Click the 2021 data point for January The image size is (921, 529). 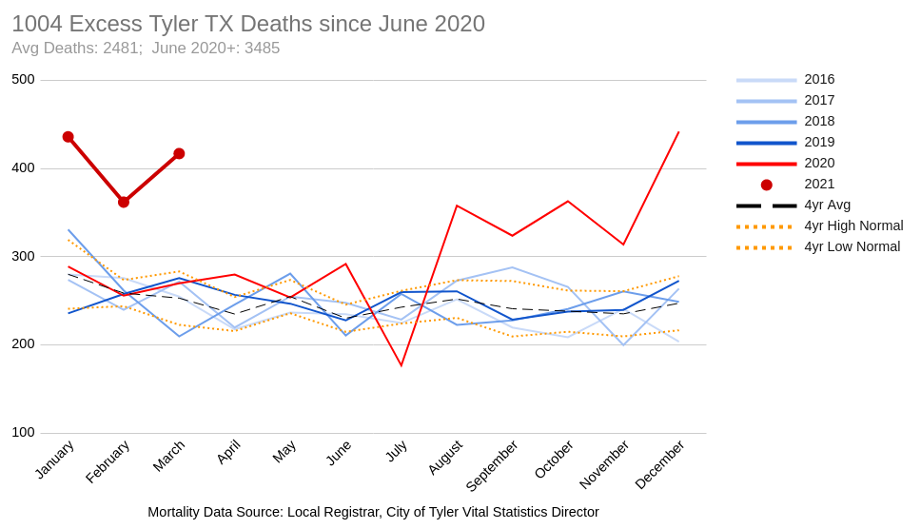(69, 137)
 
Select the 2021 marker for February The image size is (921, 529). (124, 202)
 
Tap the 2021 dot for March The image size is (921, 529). (179, 153)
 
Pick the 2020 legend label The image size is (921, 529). (819, 164)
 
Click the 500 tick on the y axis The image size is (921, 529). (23, 80)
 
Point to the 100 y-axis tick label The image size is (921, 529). (23, 433)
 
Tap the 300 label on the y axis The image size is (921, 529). (23, 256)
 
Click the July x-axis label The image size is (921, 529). (397, 450)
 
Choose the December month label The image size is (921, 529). (660, 464)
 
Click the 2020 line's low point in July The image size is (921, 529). (402, 365)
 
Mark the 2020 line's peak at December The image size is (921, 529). (678, 132)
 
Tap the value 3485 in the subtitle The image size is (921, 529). (262, 49)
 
